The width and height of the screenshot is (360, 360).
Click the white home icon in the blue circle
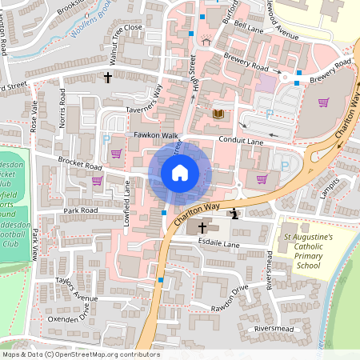click(180, 172)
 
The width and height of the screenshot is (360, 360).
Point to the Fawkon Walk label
click(156, 135)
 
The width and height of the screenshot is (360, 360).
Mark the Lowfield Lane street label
click(126, 199)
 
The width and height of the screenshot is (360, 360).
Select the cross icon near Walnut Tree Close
click(108, 78)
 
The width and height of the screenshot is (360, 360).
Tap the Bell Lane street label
click(249, 29)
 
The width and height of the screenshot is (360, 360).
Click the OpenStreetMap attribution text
click(80, 354)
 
